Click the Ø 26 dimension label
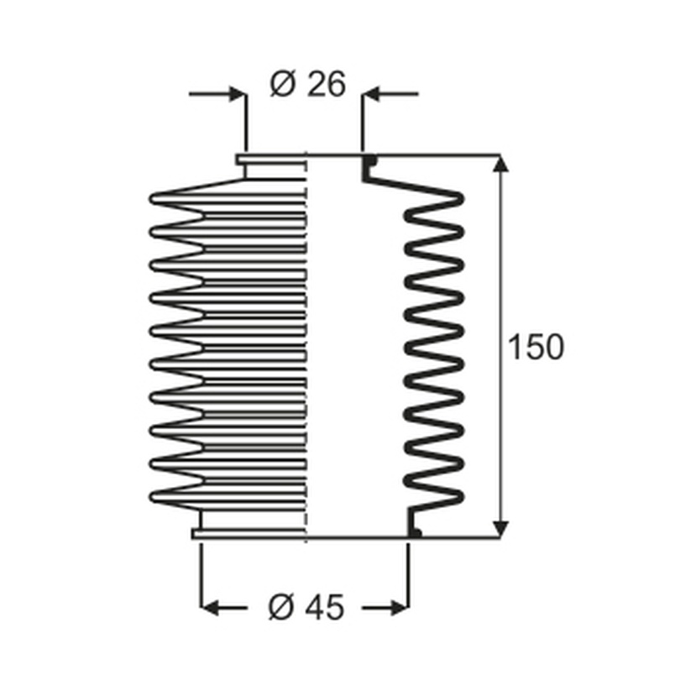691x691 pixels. click(x=307, y=84)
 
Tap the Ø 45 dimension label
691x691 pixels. click(x=306, y=607)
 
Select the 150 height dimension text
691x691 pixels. click(x=536, y=347)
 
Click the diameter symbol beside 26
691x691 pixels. click(x=282, y=84)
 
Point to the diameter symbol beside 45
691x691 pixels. click(x=280, y=607)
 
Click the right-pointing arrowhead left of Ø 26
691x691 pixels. click(x=238, y=94)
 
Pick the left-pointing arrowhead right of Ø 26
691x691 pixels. click(x=370, y=94)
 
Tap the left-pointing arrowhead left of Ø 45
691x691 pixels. click(x=209, y=608)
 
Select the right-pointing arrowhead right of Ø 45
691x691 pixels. click(x=400, y=608)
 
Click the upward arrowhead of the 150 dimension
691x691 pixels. click(x=500, y=163)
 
